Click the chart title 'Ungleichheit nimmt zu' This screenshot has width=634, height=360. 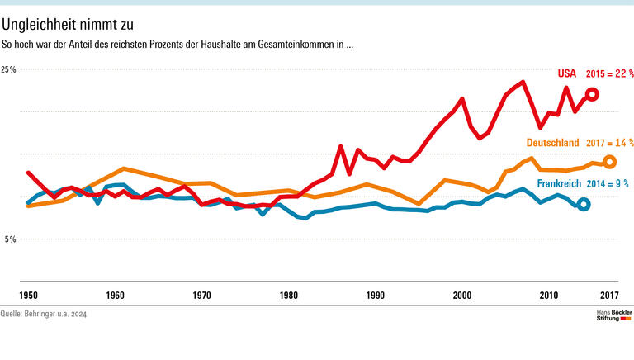click(67, 25)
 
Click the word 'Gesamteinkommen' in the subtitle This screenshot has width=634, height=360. click(298, 44)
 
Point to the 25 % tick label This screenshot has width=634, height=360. click(9, 70)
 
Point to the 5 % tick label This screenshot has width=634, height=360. click(9, 239)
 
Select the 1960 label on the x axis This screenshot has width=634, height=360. click(115, 295)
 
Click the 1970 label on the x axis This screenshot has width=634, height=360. click(201, 295)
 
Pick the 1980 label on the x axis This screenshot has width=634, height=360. click(288, 295)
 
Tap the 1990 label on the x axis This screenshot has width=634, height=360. click(376, 295)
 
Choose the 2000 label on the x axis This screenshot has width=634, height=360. click(462, 295)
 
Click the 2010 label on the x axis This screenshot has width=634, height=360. click(549, 295)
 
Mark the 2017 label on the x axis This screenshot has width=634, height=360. click(609, 295)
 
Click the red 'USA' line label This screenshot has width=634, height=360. click(566, 73)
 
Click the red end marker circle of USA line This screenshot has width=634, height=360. click(592, 95)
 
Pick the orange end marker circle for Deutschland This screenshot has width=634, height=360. click(610, 162)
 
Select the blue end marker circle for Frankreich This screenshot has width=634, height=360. click(584, 204)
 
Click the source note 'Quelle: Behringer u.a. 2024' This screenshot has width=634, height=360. click(44, 315)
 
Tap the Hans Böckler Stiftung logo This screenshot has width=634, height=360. click(613, 315)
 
